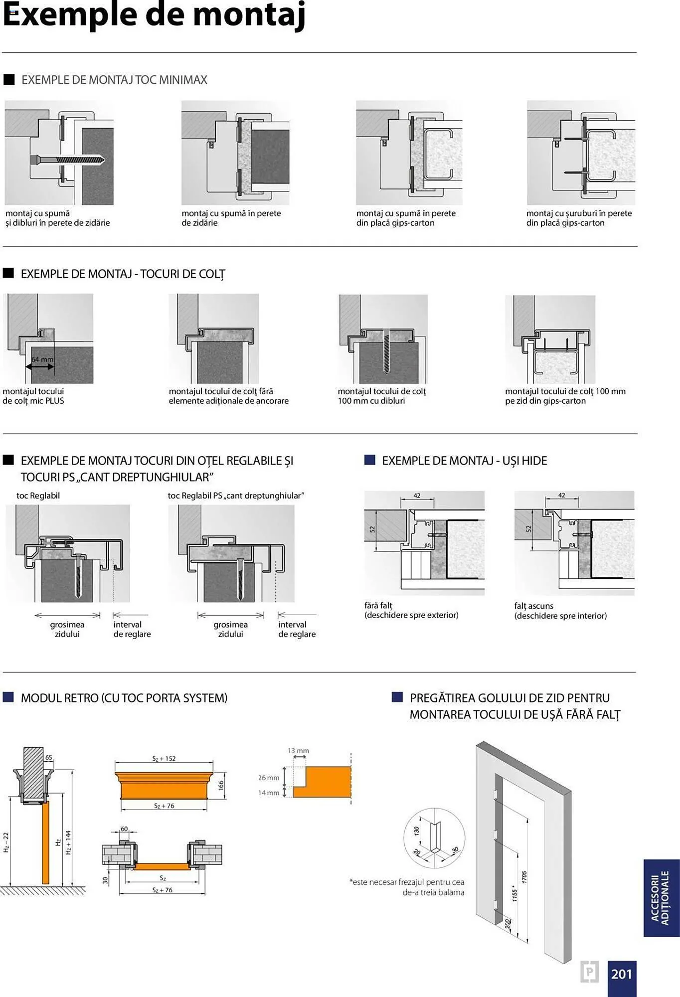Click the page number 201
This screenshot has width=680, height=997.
click(x=621, y=974)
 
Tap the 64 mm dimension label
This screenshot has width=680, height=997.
click(x=42, y=359)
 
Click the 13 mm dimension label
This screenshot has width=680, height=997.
click(x=298, y=751)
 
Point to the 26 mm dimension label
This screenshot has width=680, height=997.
click(x=269, y=778)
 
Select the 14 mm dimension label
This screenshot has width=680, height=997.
click(x=269, y=793)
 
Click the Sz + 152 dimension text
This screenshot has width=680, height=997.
click(x=164, y=759)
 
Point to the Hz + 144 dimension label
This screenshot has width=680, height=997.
click(x=68, y=842)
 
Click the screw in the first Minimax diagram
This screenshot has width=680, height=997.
click(x=67, y=160)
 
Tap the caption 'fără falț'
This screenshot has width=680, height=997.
click(x=378, y=605)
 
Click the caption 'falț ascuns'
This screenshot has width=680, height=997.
click(x=533, y=606)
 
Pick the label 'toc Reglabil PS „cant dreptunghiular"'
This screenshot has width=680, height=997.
click(x=236, y=496)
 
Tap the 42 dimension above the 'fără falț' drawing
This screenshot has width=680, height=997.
click(x=417, y=496)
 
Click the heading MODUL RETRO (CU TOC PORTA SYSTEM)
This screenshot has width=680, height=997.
click(x=124, y=698)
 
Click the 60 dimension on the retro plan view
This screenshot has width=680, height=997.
click(x=124, y=829)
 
